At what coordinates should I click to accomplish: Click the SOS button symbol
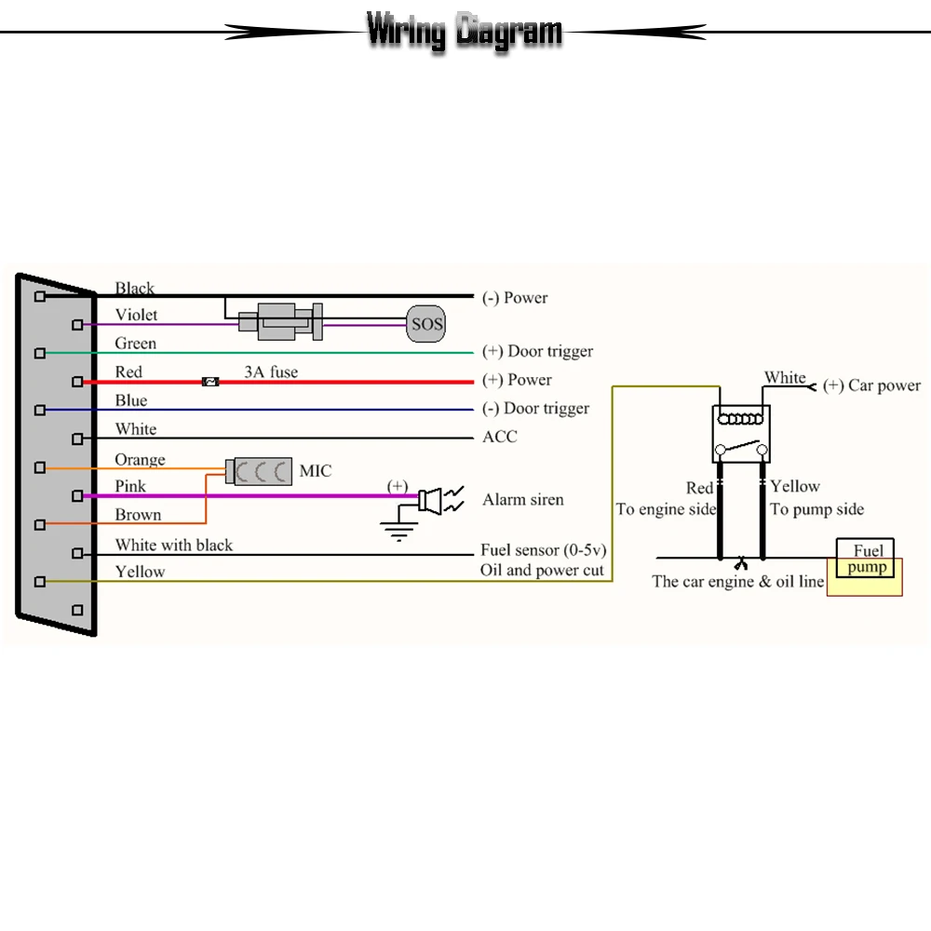pyautogui.click(x=425, y=324)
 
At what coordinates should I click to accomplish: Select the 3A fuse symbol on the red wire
pyautogui.click(x=210, y=382)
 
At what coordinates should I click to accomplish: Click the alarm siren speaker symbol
pyautogui.click(x=430, y=501)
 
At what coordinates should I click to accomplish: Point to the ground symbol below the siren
pyautogui.click(x=398, y=532)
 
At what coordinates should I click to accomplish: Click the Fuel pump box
pyautogui.click(x=868, y=558)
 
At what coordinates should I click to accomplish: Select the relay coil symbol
pyautogui.click(x=740, y=419)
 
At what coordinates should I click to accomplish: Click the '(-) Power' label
pyautogui.click(x=515, y=298)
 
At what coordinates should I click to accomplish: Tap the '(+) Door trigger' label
pyautogui.click(x=537, y=351)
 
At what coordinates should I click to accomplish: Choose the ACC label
pyautogui.click(x=500, y=437)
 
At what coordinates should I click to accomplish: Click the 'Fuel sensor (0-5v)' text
pyautogui.click(x=544, y=550)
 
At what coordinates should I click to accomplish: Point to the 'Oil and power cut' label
pyautogui.click(x=542, y=570)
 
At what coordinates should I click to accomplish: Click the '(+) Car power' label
pyautogui.click(x=871, y=385)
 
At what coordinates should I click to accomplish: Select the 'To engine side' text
pyautogui.click(x=666, y=509)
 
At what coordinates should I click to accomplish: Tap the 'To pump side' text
pyautogui.click(x=817, y=509)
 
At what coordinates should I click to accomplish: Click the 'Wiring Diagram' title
pyautogui.click(x=465, y=31)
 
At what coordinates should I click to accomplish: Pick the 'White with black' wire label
pyautogui.click(x=174, y=545)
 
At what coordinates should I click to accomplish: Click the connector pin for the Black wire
pyautogui.click(x=40, y=296)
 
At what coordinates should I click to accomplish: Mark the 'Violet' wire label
pyautogui.click(x=137, y=315)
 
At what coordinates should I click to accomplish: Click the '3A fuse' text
pyautogui.click(x=271, y=371)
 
